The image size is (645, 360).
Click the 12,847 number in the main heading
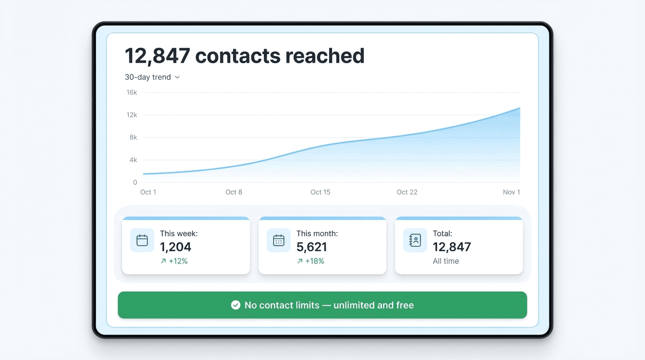coord(157,56)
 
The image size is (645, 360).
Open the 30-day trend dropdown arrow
coord(177,77)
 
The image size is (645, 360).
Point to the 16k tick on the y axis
coord(132,92)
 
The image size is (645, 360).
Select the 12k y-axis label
coord(132,115)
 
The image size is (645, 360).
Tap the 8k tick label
coord(133,137)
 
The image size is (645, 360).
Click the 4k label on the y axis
coord(133,160)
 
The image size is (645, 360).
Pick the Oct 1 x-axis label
coord(148,192)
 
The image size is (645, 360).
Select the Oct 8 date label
coord(234,192)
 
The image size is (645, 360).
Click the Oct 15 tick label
coord(320,192)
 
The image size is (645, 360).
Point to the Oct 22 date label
coord(407,192)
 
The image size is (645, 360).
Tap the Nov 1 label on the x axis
coord(511,192)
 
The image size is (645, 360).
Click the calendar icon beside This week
coord(142,240)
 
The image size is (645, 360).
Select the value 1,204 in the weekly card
coord(176,247)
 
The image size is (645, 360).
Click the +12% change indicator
coord(174,261)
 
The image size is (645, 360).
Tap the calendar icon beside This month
coord(278,240)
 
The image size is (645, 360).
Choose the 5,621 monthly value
coord(312,247)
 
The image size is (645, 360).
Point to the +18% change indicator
coord(310,261)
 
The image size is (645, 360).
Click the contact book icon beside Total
coord(415,240)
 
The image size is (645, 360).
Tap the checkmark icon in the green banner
coord(236,305)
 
